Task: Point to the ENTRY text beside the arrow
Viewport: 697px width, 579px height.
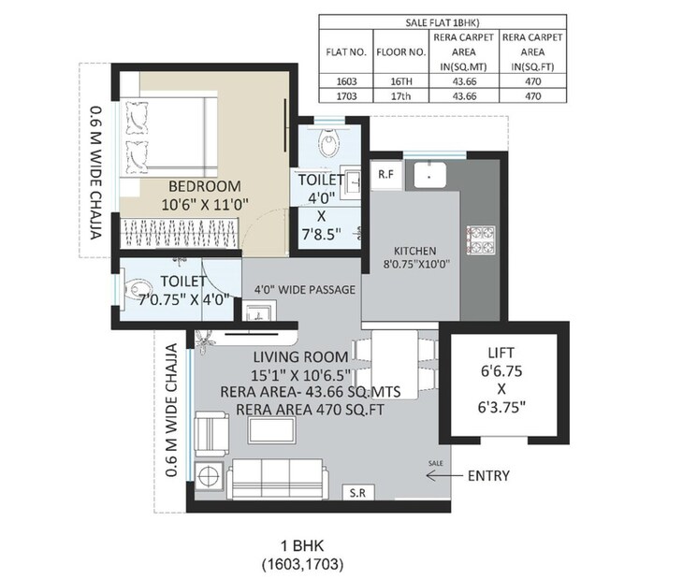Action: pos(488,476)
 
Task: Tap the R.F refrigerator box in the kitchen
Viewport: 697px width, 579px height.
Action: pos(385,174)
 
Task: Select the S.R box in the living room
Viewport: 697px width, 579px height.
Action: pos(356,492)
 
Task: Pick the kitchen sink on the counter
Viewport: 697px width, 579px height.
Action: pos(428,174)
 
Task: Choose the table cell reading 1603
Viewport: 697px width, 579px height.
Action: pos(345,81)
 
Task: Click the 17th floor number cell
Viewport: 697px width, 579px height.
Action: pos(399,95)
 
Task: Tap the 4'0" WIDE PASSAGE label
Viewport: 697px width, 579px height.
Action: pos(299,290)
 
